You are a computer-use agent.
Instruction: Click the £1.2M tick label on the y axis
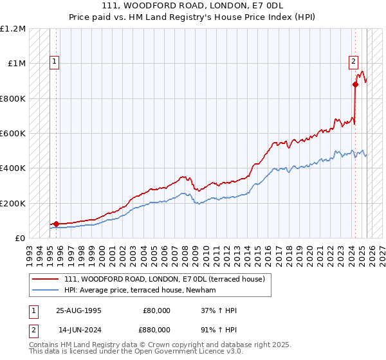[x=13, y=29]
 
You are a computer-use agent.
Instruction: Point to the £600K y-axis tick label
[x=13, y=134]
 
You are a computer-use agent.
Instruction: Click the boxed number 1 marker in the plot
[x=55, y=62]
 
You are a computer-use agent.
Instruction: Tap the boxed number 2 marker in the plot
[x=353, y=62]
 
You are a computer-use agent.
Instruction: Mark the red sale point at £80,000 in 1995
[x=56, y=224]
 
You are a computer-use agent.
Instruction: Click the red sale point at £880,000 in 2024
[x=355, y=84]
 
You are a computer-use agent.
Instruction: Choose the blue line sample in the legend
[x=46, y=291]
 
